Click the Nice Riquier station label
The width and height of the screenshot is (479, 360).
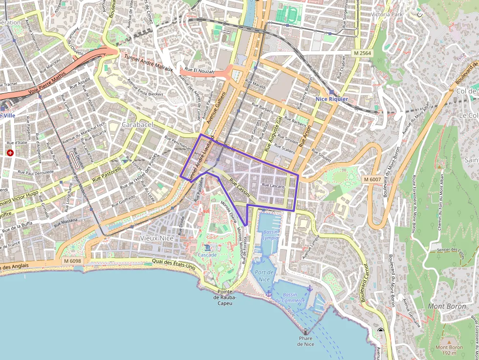point(332,99)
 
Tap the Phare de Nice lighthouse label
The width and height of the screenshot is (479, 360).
point(305,341)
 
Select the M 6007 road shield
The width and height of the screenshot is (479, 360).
point(372,180)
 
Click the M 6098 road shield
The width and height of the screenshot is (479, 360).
point(72,261)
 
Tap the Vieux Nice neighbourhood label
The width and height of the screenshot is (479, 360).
point(156,238)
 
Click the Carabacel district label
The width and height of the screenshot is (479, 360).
point(137,125)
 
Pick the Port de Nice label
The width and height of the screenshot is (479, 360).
point(264,275)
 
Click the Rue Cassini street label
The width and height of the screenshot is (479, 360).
point(239,188)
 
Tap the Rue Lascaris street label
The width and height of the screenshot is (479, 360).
point(273,186)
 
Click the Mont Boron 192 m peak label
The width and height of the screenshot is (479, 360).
point(449,350)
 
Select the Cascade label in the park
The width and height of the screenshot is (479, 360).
point(207,254)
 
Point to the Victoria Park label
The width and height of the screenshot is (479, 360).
point(387,14)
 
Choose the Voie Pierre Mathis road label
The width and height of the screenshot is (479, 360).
point(46,84)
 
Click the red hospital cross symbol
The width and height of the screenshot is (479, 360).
point(10,152)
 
